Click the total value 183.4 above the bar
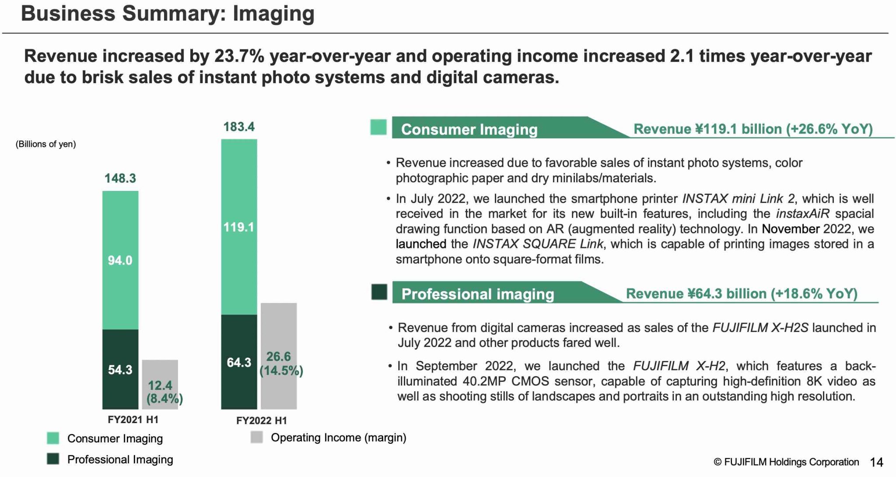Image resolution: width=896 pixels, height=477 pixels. coord(239,127)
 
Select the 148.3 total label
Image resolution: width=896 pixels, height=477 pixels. coord(120,178)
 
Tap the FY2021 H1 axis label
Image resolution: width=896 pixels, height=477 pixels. coord(133,420)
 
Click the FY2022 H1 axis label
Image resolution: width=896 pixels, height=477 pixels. coord(262,421)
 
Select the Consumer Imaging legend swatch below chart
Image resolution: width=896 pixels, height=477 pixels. coord(53,438)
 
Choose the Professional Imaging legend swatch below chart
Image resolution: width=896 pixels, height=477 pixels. coord(53,459)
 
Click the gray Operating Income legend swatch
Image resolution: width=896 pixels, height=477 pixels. coord(257,437)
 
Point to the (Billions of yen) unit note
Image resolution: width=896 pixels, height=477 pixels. coord(46,144)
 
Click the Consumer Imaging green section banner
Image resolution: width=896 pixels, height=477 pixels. coord(469,129)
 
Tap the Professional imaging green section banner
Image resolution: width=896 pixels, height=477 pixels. coord(477,294)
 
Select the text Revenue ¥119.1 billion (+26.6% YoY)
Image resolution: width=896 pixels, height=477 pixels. coord(753,129)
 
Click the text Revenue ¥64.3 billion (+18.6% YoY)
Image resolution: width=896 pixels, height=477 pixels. coord(742,293)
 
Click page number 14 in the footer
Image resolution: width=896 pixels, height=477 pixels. coord(876,462)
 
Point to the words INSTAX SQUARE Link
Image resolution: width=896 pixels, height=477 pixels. coord(538,244)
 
